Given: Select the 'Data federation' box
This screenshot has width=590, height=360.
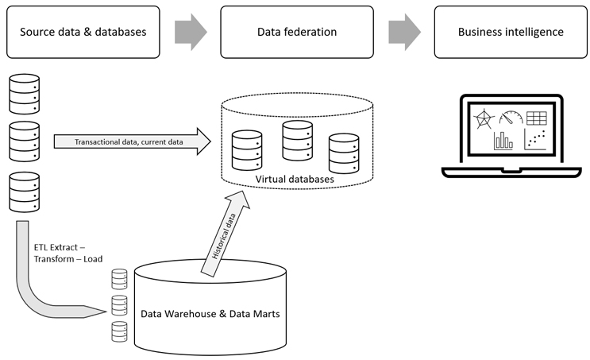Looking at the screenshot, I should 297,32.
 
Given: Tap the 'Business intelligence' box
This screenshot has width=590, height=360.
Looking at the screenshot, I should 511,32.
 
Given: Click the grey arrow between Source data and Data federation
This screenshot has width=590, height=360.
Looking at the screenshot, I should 189,32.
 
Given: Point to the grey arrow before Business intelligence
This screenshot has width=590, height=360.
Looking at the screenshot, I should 405,32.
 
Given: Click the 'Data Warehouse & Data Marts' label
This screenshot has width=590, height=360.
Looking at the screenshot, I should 210,313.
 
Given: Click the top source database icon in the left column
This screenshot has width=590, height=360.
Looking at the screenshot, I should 23,93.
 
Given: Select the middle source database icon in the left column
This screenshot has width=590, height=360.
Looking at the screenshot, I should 23,141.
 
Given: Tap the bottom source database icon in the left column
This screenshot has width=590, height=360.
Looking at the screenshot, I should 23,192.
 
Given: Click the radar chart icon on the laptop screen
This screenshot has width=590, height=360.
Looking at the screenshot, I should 483,120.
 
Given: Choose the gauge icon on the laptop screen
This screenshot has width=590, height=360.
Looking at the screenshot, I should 510,118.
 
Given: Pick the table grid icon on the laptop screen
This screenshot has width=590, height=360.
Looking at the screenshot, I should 537,118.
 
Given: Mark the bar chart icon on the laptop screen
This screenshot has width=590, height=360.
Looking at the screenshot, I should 503,141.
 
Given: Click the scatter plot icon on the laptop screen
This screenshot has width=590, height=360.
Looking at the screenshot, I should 536,141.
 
